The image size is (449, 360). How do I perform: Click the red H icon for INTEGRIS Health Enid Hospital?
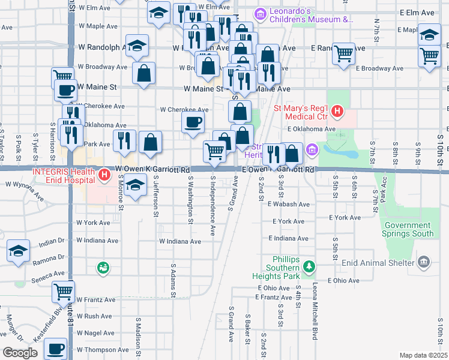click(105, 175)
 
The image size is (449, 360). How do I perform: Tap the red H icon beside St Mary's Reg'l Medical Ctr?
click(337, 112)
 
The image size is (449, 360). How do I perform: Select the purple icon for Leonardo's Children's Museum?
click(260, 13)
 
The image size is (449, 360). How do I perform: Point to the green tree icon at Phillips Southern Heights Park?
click(309, 266)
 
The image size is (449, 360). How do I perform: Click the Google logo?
click(20, 353)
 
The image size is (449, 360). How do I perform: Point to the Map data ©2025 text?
click(423, 355)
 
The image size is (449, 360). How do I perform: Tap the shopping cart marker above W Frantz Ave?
click(62, 292)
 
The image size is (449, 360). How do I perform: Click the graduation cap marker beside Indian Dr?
click(19, 250)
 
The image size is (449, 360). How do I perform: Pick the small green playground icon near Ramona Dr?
click(104, 267)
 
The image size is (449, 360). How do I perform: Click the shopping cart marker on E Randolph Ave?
click(343, 54)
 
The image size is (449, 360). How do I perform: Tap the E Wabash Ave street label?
click(289, 205)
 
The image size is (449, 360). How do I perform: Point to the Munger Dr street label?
click(13, 326)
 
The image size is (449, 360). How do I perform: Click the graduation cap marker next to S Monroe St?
click(136, 185)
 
